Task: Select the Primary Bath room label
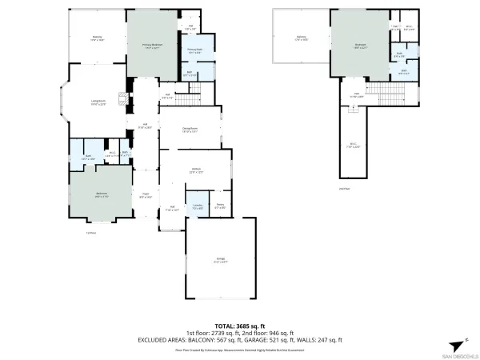[x=194, y=50]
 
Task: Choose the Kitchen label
[x=195, y=170]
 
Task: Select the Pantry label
[x=219, y=206]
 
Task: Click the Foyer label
[x=146, y=195]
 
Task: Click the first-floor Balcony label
[x=97, y=38]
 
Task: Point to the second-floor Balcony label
[x=301, y=38]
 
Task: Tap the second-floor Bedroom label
[x=360, y=46]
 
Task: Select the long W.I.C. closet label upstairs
[x=353, y=145]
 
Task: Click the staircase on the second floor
[x=386, y=92]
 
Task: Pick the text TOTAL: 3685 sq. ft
[x=240, y=326]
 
